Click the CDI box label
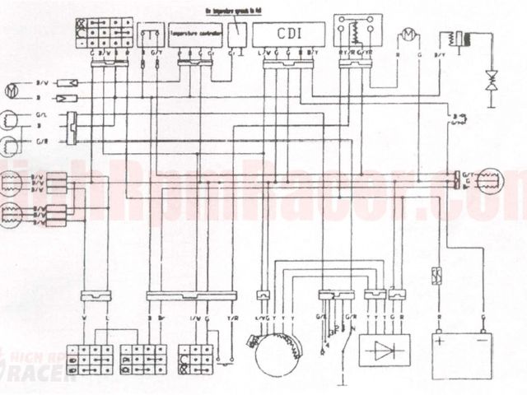[289, 35]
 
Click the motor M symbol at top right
[406, 35]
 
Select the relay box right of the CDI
[352, 32]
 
